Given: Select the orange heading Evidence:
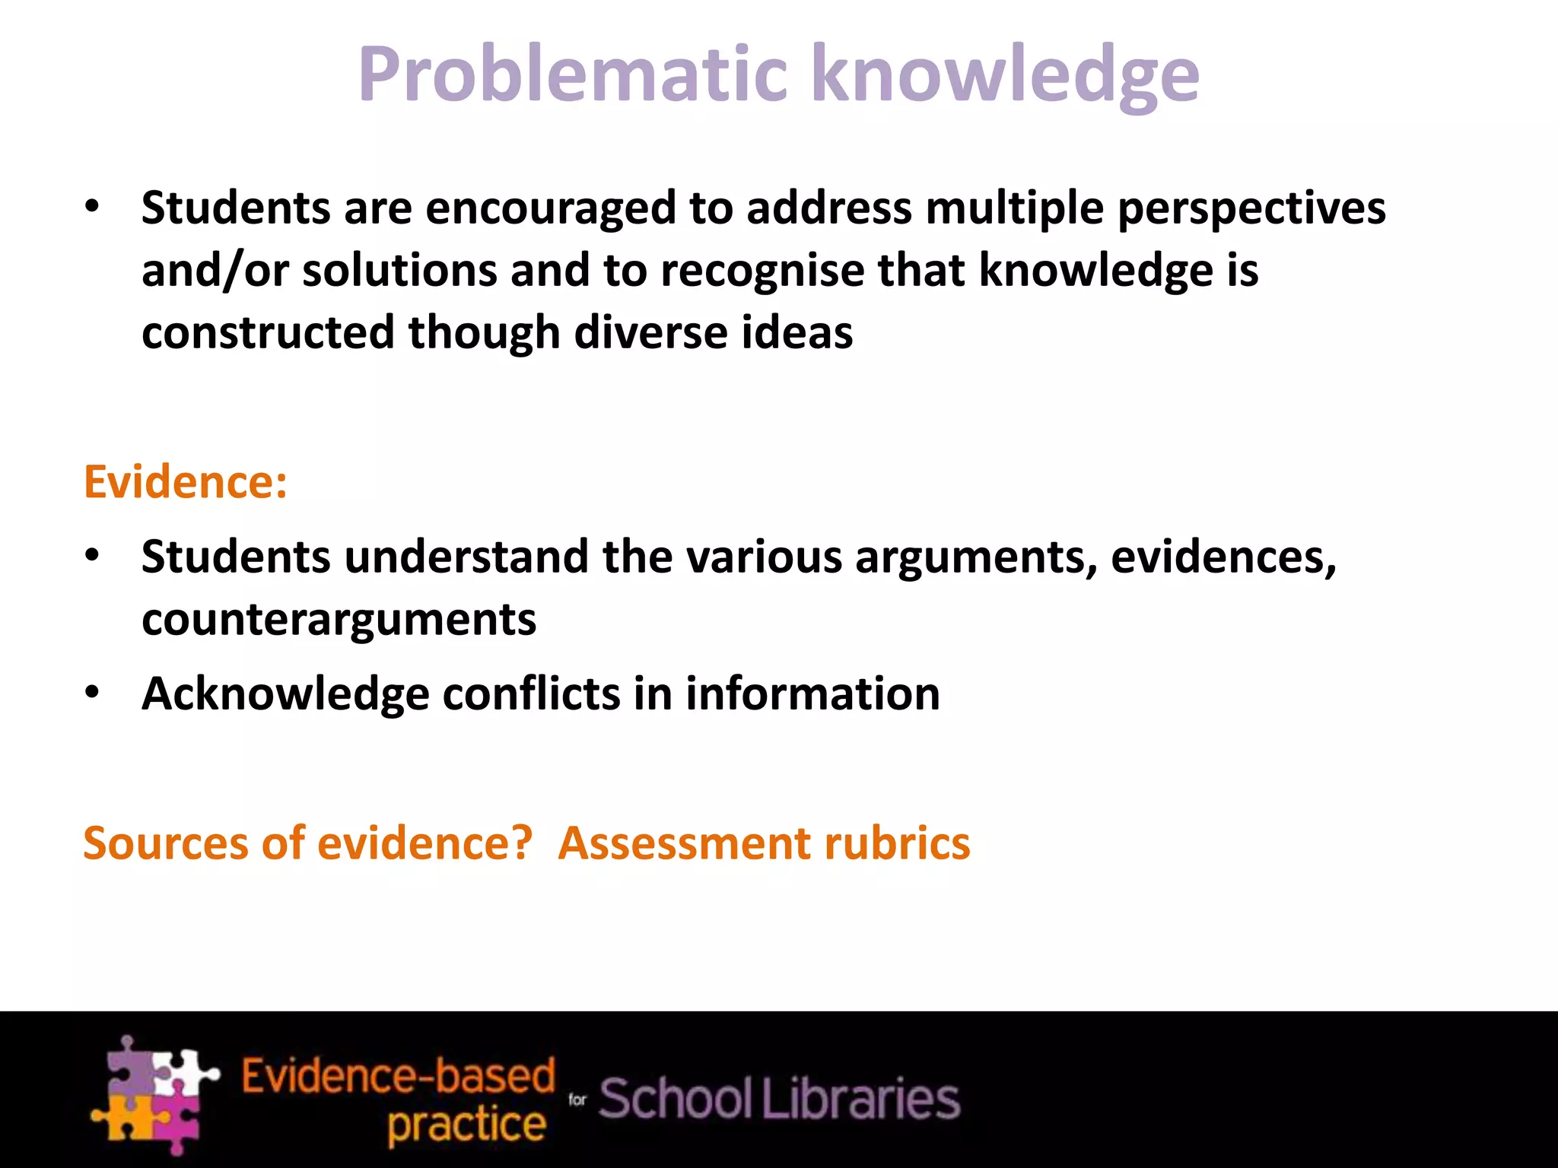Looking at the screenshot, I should (x=186, y=482).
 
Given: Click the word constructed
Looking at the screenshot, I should (x=268, y=333).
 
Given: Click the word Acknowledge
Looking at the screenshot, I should (x=285, y=695).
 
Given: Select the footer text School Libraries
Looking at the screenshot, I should (x=779, y=1100).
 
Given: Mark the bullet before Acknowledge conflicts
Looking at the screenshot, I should (x=93, y=693).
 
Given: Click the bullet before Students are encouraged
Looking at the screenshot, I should (x=93, y=207).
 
